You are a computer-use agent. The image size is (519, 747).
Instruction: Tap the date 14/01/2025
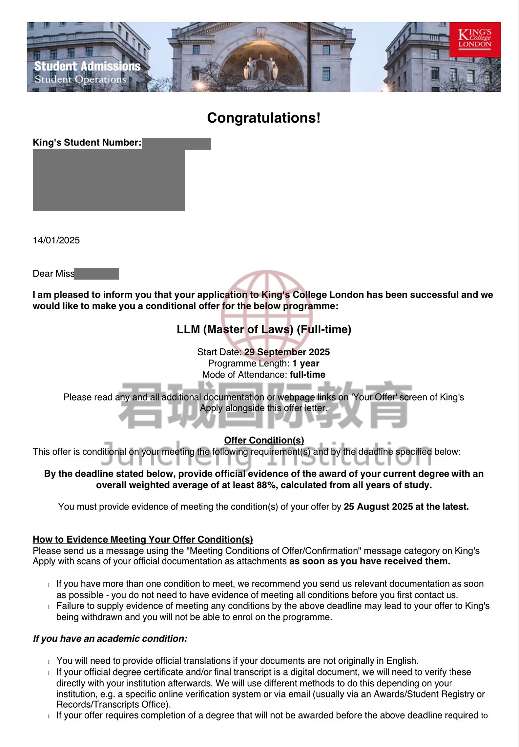coord(56,240)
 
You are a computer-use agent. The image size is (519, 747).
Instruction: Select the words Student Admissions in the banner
coord(87,66)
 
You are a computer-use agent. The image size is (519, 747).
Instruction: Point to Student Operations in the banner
coord(80,79)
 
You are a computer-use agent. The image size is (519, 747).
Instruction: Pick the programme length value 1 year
coord(306,363)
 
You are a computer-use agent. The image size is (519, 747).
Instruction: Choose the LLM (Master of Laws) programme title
coord(264,329)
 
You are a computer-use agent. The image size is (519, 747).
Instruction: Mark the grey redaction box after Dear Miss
coord(96,274)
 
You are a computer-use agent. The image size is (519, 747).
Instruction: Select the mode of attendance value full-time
coord(307,375)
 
